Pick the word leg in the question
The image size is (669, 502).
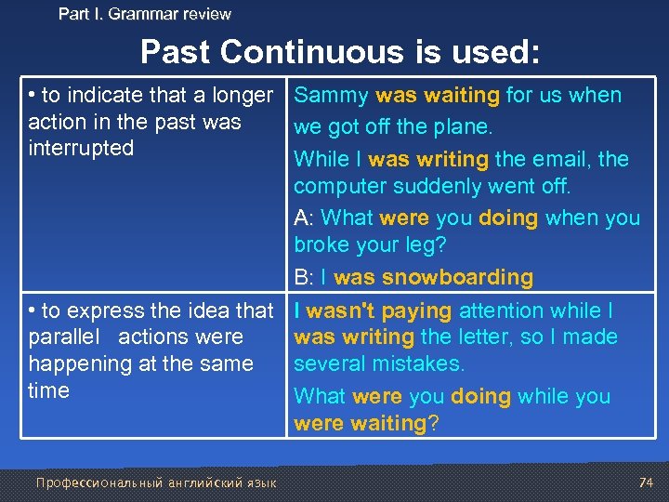(x=419, y=245)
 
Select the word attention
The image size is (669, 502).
(x=504, y=310)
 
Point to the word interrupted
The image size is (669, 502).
(x=81, y=149)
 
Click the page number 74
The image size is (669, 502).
(x=646, y=482)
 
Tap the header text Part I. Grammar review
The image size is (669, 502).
(x=144, y=14)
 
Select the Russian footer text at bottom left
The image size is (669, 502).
(x=155, y=482)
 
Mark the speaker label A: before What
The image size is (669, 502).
(x=303, y=218)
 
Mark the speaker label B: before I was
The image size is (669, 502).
(x=303, y=277)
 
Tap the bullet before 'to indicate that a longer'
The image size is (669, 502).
(x=33, y=96)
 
